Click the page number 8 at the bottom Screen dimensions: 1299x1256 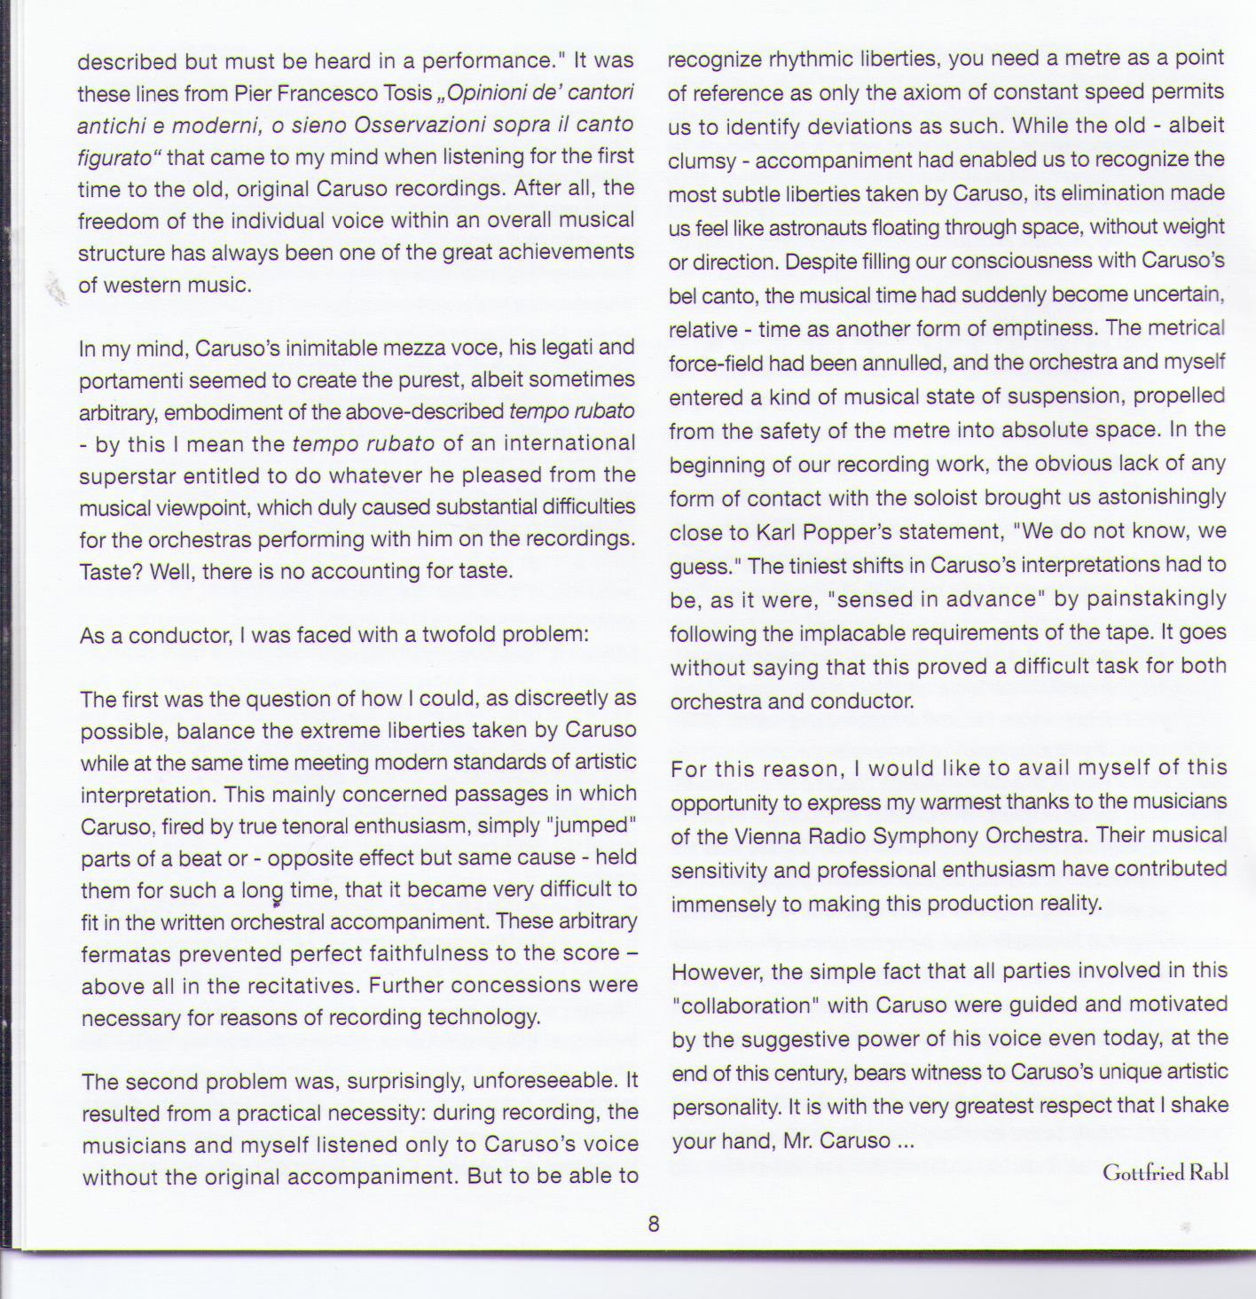(654, 1225)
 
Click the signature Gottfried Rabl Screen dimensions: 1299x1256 (1165, 1172)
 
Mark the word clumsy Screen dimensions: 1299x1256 (703, 161)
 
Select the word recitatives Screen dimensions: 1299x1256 (302, 986)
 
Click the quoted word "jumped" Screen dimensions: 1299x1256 (593, 826)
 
